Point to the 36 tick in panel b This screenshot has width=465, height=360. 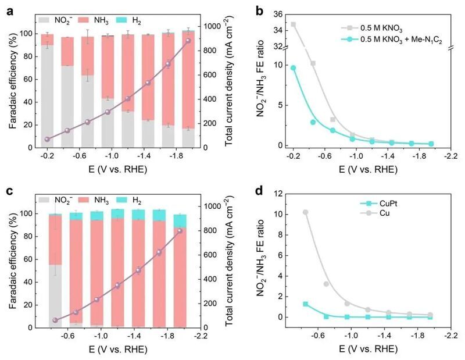tap(278, 14)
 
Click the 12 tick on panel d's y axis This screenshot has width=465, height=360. tap(278, 194)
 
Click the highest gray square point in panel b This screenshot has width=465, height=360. tap(293, 24)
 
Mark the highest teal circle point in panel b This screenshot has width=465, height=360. tap(293, 68)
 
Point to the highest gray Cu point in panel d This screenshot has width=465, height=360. tap(305, 212)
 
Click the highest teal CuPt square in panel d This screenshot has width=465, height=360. tap(305, 304)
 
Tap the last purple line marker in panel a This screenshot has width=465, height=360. tap(188, 40)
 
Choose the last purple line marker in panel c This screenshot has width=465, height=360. tap(180, 231)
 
